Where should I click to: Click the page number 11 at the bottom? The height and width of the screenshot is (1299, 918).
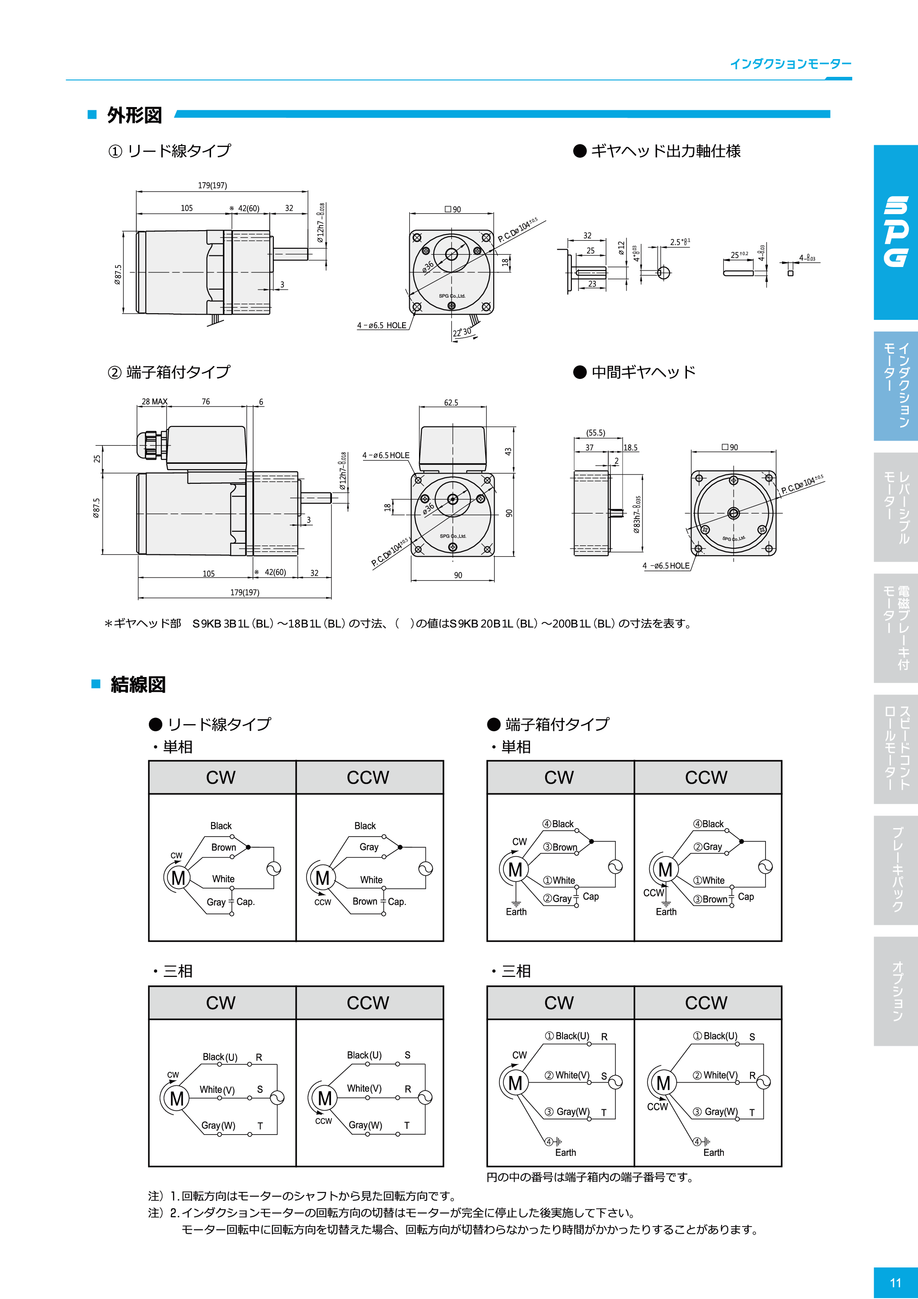click(895, 1282)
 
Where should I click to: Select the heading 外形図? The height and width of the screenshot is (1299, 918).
click(135, 116)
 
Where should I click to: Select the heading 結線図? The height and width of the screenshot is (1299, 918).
click(138, 685)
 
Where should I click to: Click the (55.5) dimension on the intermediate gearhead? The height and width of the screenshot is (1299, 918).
click(595, 433)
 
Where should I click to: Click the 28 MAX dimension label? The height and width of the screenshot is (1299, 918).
click(154, 402)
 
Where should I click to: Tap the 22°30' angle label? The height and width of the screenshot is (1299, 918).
click(462, 333)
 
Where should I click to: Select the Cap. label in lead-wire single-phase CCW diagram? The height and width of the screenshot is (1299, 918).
click(397, 902)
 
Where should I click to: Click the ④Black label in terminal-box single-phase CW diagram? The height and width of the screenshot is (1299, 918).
click(558, 824)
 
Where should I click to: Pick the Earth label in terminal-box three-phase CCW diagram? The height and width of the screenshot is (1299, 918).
click(713, 1152)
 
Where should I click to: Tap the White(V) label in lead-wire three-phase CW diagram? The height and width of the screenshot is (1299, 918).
click(217, 1090)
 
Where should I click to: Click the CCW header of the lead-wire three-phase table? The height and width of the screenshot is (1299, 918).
click(368, 1003)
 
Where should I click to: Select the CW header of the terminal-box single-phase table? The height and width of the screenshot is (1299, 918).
click(559, 777)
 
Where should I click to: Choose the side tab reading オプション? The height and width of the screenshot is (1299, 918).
click(897, 991)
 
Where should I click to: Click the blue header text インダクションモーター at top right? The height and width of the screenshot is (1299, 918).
click(790, 64)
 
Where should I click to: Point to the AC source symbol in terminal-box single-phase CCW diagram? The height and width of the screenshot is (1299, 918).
click(765, 867)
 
